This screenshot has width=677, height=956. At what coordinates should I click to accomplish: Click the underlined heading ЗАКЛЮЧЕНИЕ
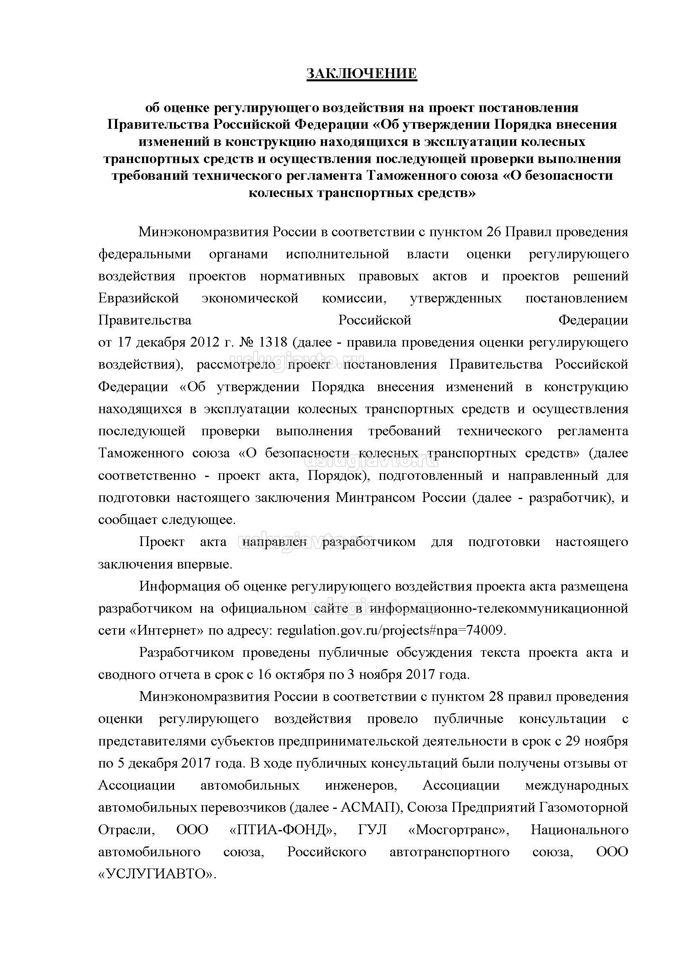pyautogui.click(x=361, y=74)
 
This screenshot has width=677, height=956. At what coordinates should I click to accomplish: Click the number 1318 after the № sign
pyautogui.click(x=273, y=342)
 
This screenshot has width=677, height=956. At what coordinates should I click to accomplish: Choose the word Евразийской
pyautogui.click(x=138, y=298)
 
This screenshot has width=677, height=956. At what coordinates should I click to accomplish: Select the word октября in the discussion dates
pyautogui.click(x=302, y=674)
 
